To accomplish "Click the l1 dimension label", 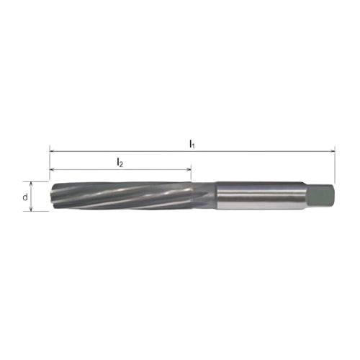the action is [192, 144].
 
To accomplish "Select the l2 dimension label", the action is [120, 163].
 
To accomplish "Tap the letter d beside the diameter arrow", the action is [25, 197].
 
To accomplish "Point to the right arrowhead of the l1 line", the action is [333, 151].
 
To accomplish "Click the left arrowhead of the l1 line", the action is [52, 151].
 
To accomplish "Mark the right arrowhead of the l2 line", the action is [189, 170].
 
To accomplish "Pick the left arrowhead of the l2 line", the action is [52, 170].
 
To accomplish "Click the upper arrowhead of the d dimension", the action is [31, 184].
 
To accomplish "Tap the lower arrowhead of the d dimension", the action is [31, 209].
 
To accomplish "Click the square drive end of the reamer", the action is [320, 197].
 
